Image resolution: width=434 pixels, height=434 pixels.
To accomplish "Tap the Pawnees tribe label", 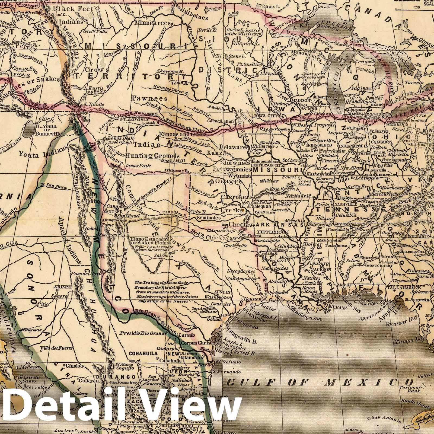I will [150, 98].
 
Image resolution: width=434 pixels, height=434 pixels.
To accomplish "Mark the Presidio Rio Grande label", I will [140, 333].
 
